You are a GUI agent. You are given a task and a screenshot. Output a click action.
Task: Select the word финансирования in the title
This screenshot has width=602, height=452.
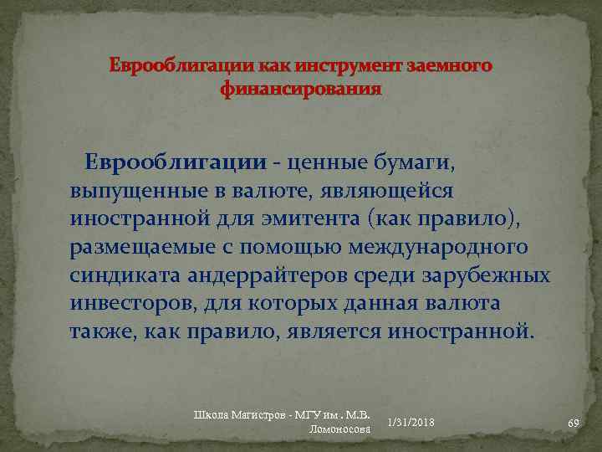(301, 89)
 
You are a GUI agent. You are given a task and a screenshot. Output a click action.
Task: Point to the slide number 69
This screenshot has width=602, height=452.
(574, 424)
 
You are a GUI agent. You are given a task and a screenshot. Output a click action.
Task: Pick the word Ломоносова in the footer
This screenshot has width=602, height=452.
(339, 429)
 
